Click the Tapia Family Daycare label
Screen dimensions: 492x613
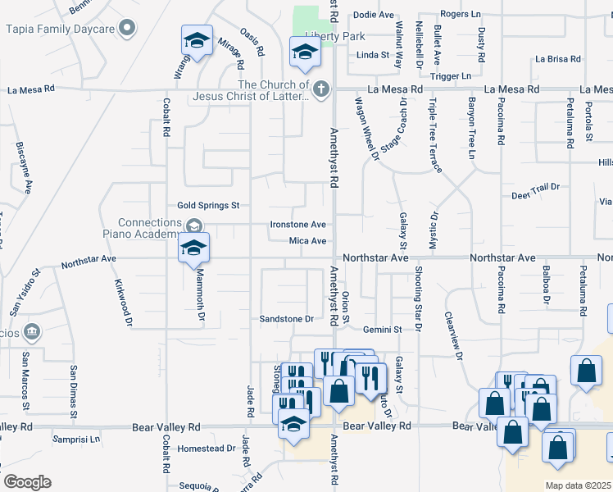coord(62,30)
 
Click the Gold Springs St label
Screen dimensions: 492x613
coord(208,205)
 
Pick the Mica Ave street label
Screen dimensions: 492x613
coord(308,241)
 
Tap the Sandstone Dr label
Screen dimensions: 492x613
coord(287,318)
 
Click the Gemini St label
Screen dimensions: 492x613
coord(384,329)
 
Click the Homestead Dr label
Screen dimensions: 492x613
coord(207,449)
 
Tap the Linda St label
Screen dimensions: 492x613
coord(372,55)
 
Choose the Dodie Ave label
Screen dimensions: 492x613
coord(374,15)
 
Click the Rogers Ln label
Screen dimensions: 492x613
coord(460,14)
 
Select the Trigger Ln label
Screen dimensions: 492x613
coord(452,75)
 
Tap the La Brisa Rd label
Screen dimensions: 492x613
coord(557,59)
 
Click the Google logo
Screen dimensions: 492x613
coord(27,482)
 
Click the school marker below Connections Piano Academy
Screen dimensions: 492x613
coord(194,248)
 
